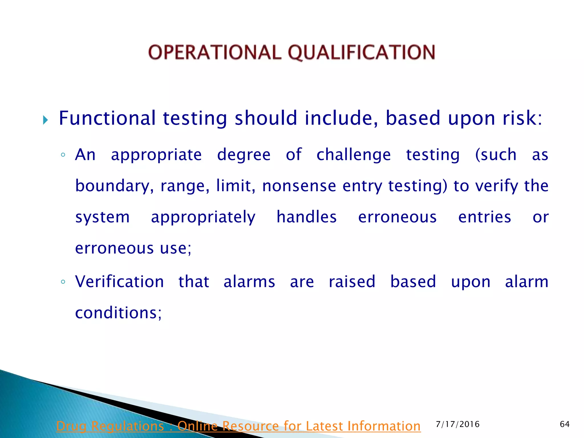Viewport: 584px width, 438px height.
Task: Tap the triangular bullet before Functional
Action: point(45,120)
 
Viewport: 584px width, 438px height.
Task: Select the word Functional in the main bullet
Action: point(107,118)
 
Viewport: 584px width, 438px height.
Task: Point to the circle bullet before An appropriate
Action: point(63,155)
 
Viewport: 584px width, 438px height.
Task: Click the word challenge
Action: point(353,155)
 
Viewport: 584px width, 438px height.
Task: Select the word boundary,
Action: point(114,186)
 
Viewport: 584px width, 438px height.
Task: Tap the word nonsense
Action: point(299,186)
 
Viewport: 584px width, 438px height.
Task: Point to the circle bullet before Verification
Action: point(63,282)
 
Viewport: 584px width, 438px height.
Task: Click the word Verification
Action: point(119,282)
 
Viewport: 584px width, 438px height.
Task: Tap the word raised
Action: point(352,282)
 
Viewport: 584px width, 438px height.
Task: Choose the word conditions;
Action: point(118,313)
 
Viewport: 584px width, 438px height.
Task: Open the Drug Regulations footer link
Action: point(238,426)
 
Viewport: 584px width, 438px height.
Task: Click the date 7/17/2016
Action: point(458,424)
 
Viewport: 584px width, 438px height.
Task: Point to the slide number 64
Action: point(565,424)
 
